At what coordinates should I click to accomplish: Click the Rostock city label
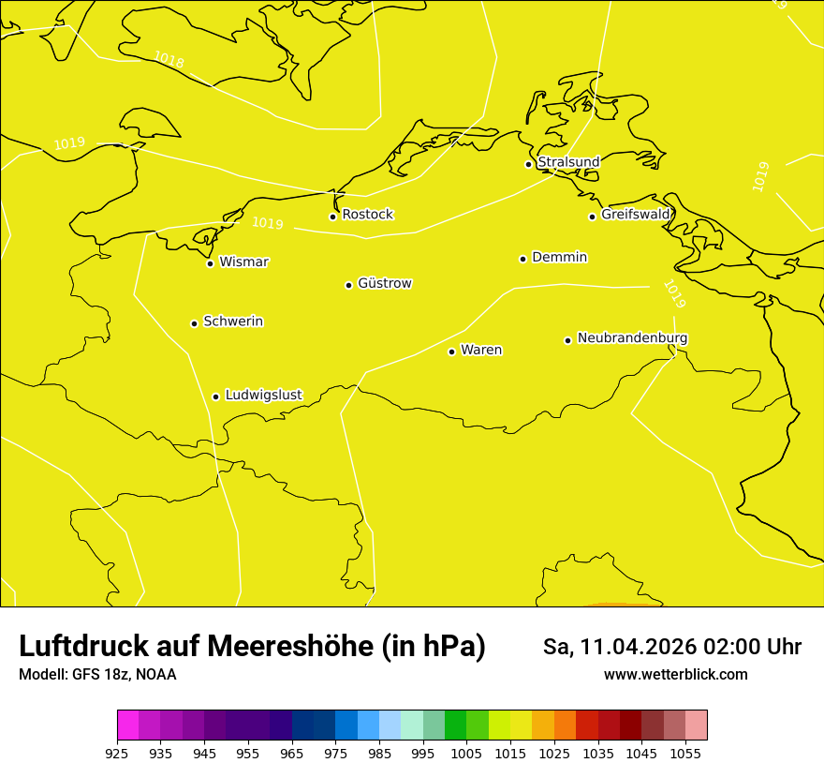(367, 215)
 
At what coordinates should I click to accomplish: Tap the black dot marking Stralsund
(528, 164)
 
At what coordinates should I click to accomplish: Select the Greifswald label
(636, 215)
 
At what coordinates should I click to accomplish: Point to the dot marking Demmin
(522, 259)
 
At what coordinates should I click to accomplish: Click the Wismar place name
(243, 262)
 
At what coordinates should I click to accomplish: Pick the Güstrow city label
(384, 283)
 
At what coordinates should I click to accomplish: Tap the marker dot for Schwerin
(194, 323)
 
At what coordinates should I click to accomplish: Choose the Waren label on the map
(481, 350)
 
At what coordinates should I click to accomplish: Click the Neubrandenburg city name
(632, 338)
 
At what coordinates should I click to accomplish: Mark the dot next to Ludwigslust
(215, 396)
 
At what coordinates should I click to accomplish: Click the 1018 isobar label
(169, 60)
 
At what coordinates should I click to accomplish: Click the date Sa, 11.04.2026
(618, 647)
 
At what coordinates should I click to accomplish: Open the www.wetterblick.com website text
(675, 675)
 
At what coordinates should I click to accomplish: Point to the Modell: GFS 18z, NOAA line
(97, 675)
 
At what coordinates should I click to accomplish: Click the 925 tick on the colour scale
(117, 753)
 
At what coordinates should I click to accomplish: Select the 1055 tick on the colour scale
(685, 753)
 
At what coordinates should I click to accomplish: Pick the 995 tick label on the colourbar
(423, 753)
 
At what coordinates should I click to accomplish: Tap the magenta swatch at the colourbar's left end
(127, 726)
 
